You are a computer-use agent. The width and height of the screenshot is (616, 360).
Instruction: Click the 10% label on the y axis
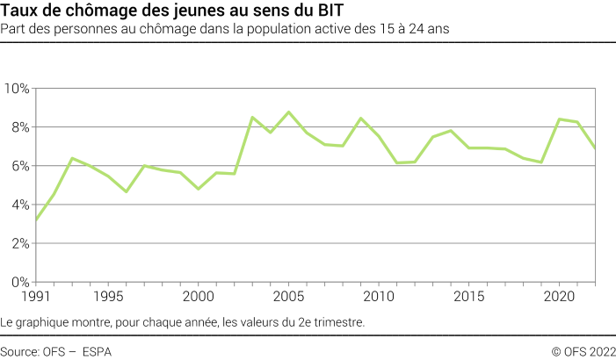[x=17, y=89]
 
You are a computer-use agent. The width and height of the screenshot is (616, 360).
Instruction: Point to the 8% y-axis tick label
[x=19, y=127]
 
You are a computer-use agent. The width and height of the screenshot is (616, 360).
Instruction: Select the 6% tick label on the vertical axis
[x=19, y=166]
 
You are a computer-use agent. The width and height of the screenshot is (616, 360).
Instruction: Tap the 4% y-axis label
[x=19, y=205]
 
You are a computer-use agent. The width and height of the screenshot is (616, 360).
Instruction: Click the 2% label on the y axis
[x=19, y=243]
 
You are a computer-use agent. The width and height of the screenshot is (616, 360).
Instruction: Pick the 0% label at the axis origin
[x=19, y=282]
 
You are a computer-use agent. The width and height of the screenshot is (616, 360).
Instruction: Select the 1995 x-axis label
[x=108, y=296]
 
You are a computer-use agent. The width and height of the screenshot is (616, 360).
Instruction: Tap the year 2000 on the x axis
[x=198, y=296]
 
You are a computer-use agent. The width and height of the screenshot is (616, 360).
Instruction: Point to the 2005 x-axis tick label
[x=288, y=296]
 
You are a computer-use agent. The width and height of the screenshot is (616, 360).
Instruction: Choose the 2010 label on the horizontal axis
[x=379, y=296]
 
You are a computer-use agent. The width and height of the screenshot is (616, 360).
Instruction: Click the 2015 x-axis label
[x=469, y=296]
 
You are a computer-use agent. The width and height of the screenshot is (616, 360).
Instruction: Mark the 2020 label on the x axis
[x=560, y=296]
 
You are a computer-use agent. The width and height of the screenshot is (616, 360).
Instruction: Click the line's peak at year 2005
[x=288, y=112]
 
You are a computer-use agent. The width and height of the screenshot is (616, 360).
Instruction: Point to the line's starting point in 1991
[x=36, y=220]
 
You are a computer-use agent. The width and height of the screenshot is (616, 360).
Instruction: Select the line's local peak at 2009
[x=360, y=119]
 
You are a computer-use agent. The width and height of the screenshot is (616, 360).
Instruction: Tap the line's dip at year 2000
[x=199, y=189]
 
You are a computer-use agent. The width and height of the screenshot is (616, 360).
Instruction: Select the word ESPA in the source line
[x=97, y=351]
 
